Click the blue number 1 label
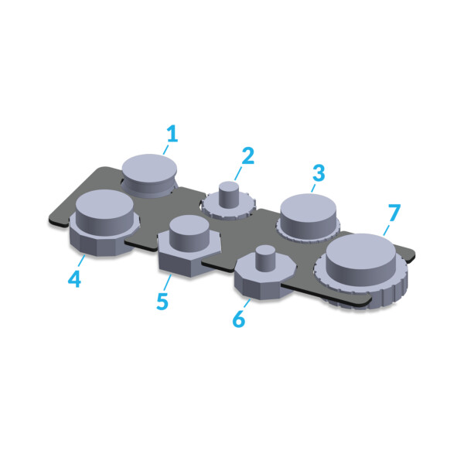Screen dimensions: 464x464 coord(172,134)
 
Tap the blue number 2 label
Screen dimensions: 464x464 coord(248,155)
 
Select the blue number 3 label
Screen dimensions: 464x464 coord(319,172)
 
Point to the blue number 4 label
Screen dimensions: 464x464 coord(74,278)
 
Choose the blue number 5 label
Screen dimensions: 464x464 coord(162,301)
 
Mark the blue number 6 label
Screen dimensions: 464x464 coord(239,319)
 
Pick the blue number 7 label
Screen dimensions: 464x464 coord(394,213)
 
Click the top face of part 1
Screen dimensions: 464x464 coord(149,168)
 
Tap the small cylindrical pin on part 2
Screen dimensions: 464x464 coord(229,195)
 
